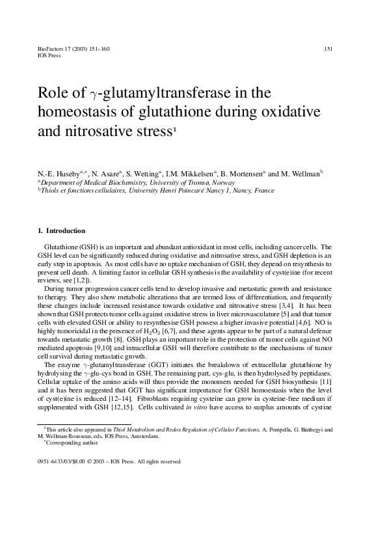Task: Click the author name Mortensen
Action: pos(244,174)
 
